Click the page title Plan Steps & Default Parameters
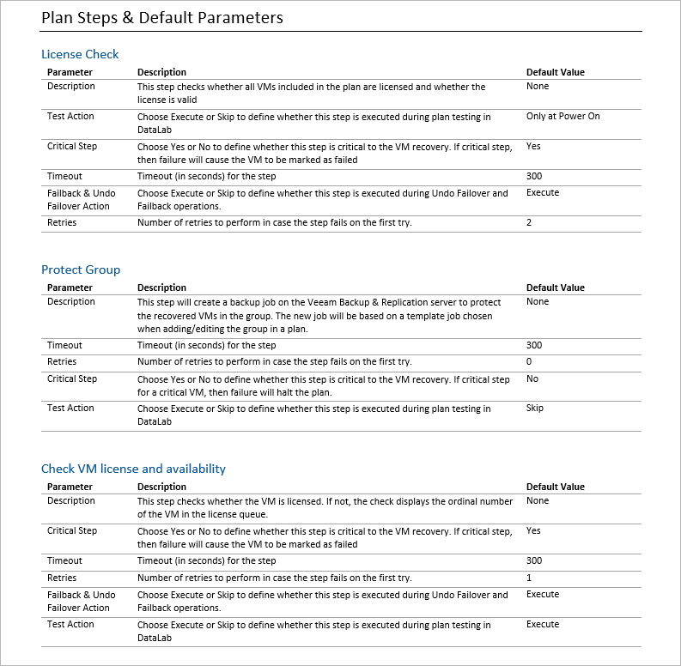162,17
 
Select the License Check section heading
80,54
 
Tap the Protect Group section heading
81,269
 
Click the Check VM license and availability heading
133,469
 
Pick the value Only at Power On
562,116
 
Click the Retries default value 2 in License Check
529,223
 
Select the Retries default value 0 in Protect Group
529,362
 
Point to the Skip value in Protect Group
534,409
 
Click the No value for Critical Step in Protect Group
532,378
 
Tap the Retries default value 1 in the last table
529,578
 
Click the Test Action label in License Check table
70,116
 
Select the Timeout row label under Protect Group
64,345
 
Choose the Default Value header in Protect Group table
555,288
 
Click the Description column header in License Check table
161,72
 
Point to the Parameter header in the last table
70,487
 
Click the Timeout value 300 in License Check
534,176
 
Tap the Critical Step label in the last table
72,530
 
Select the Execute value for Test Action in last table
543,625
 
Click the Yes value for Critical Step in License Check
533,146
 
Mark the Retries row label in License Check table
62,223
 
